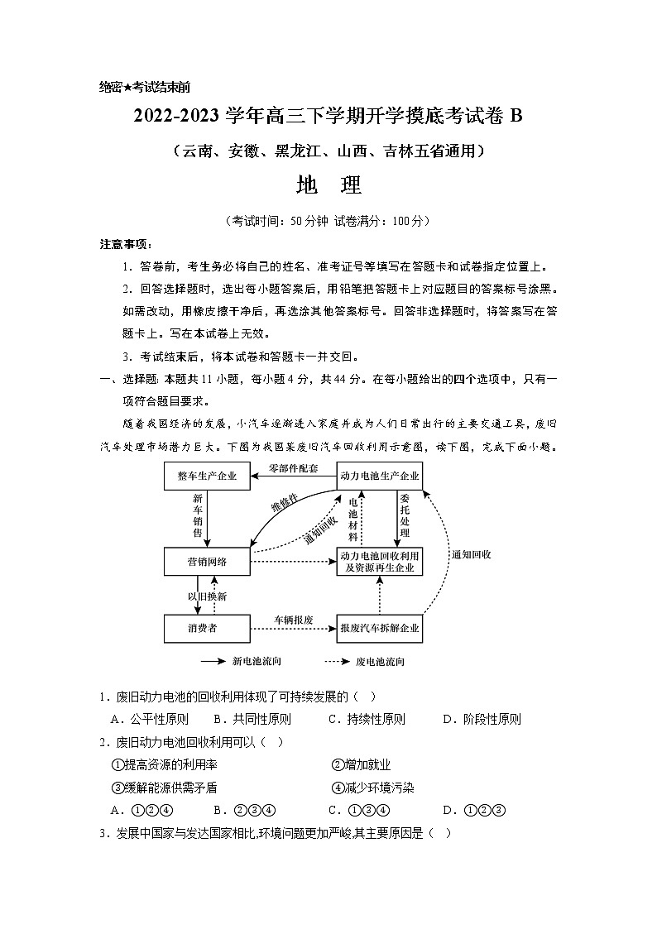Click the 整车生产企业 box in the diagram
coord(207,476)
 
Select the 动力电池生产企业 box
coord(380,476)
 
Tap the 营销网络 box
coord(207,563)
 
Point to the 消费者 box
coord(207,629)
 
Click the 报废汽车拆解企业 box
coord(380,629)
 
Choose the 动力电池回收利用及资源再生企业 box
coord(380,563)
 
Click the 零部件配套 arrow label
coord(293,468)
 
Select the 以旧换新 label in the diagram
coord(206,596)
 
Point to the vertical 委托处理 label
coord(405,515)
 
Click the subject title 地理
coord(328,186)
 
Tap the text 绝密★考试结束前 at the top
coord(145,87)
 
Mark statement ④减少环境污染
coord(372,788)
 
